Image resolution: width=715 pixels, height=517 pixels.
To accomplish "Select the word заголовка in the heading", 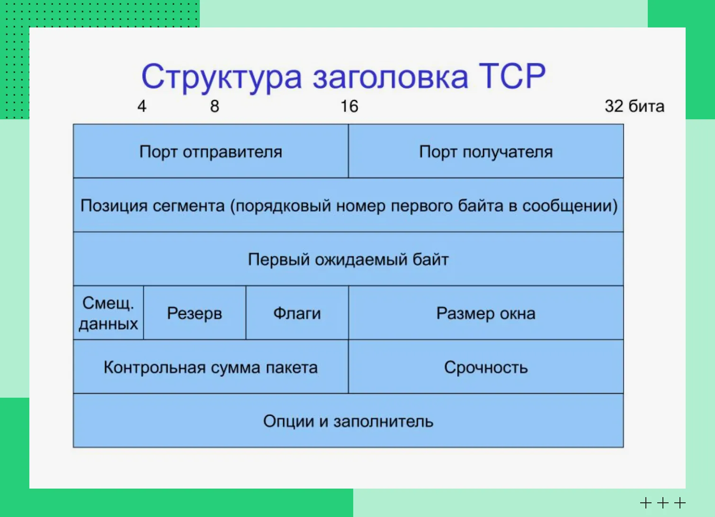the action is (390, 78).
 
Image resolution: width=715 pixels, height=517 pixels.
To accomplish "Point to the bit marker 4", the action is (142, 106).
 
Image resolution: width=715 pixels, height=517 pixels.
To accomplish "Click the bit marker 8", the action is (214, 106).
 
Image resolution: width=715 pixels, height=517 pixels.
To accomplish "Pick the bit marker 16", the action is (349, 106).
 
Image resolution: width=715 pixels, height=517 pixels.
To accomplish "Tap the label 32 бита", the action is (635, 106).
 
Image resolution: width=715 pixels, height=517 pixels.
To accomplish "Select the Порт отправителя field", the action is (211, 151).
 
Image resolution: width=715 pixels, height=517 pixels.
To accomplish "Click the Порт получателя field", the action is (486, 151).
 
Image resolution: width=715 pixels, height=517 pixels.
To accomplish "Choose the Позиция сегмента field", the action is (348, 205).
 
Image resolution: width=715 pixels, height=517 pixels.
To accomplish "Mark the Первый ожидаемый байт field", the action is (348, 259).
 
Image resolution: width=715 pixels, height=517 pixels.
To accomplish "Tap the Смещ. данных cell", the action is (108, 313).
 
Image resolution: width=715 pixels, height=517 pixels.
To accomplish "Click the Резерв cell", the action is (195, 313).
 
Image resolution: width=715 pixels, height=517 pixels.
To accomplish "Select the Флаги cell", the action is (297, 313).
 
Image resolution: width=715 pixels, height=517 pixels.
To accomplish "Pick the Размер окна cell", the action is (486, 313).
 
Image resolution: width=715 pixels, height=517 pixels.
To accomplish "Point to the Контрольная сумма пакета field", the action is (211, 367).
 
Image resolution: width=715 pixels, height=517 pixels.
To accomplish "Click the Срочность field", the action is (486, 367).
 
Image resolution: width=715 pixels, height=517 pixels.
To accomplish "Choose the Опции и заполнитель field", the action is (348, 420).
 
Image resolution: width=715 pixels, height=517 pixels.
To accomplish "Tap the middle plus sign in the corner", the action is (663, 503).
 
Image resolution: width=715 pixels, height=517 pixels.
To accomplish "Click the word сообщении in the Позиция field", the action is (570, 206).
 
